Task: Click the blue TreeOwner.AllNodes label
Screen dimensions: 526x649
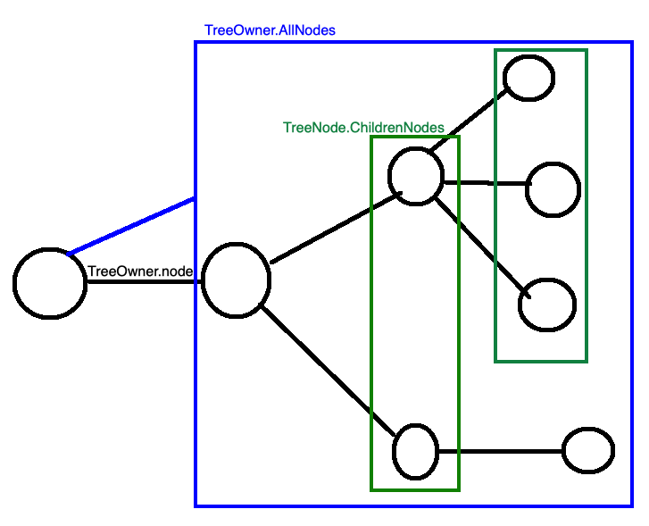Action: [270, 29]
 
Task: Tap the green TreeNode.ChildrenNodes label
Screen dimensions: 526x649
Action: [362, 128]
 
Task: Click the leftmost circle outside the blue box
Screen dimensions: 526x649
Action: [49, 283]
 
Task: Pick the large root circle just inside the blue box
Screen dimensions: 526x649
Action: [237, 280]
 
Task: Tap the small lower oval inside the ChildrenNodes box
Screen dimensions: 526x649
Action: [416, 451]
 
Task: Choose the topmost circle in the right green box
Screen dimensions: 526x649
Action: [529, 78]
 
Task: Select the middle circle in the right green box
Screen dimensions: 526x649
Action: [553, 189]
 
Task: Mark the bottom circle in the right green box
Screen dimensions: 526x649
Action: [547, 304]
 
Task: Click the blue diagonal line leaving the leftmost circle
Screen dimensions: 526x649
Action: [132, 226]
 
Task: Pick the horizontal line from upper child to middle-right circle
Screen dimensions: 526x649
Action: [484, 183]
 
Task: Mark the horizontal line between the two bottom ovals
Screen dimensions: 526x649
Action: [500, 451]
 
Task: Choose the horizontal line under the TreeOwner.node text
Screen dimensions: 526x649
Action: [145, 283]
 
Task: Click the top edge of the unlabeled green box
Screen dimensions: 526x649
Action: [541, 51]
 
